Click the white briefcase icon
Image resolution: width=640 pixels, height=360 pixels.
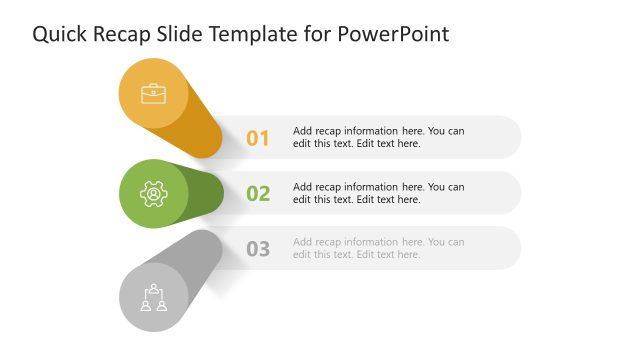click(154, 94)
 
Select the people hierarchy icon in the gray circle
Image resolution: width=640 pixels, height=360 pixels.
click(153, 297)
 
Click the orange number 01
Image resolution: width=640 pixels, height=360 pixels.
click(258, 138)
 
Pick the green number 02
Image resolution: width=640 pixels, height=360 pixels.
click(258, 193)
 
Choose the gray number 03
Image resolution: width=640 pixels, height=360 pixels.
click(258, 249)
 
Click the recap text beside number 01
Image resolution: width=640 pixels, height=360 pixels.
click(378, 137)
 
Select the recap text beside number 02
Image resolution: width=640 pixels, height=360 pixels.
click(378, 193)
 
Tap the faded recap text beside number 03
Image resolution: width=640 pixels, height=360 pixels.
click(378, 248)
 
